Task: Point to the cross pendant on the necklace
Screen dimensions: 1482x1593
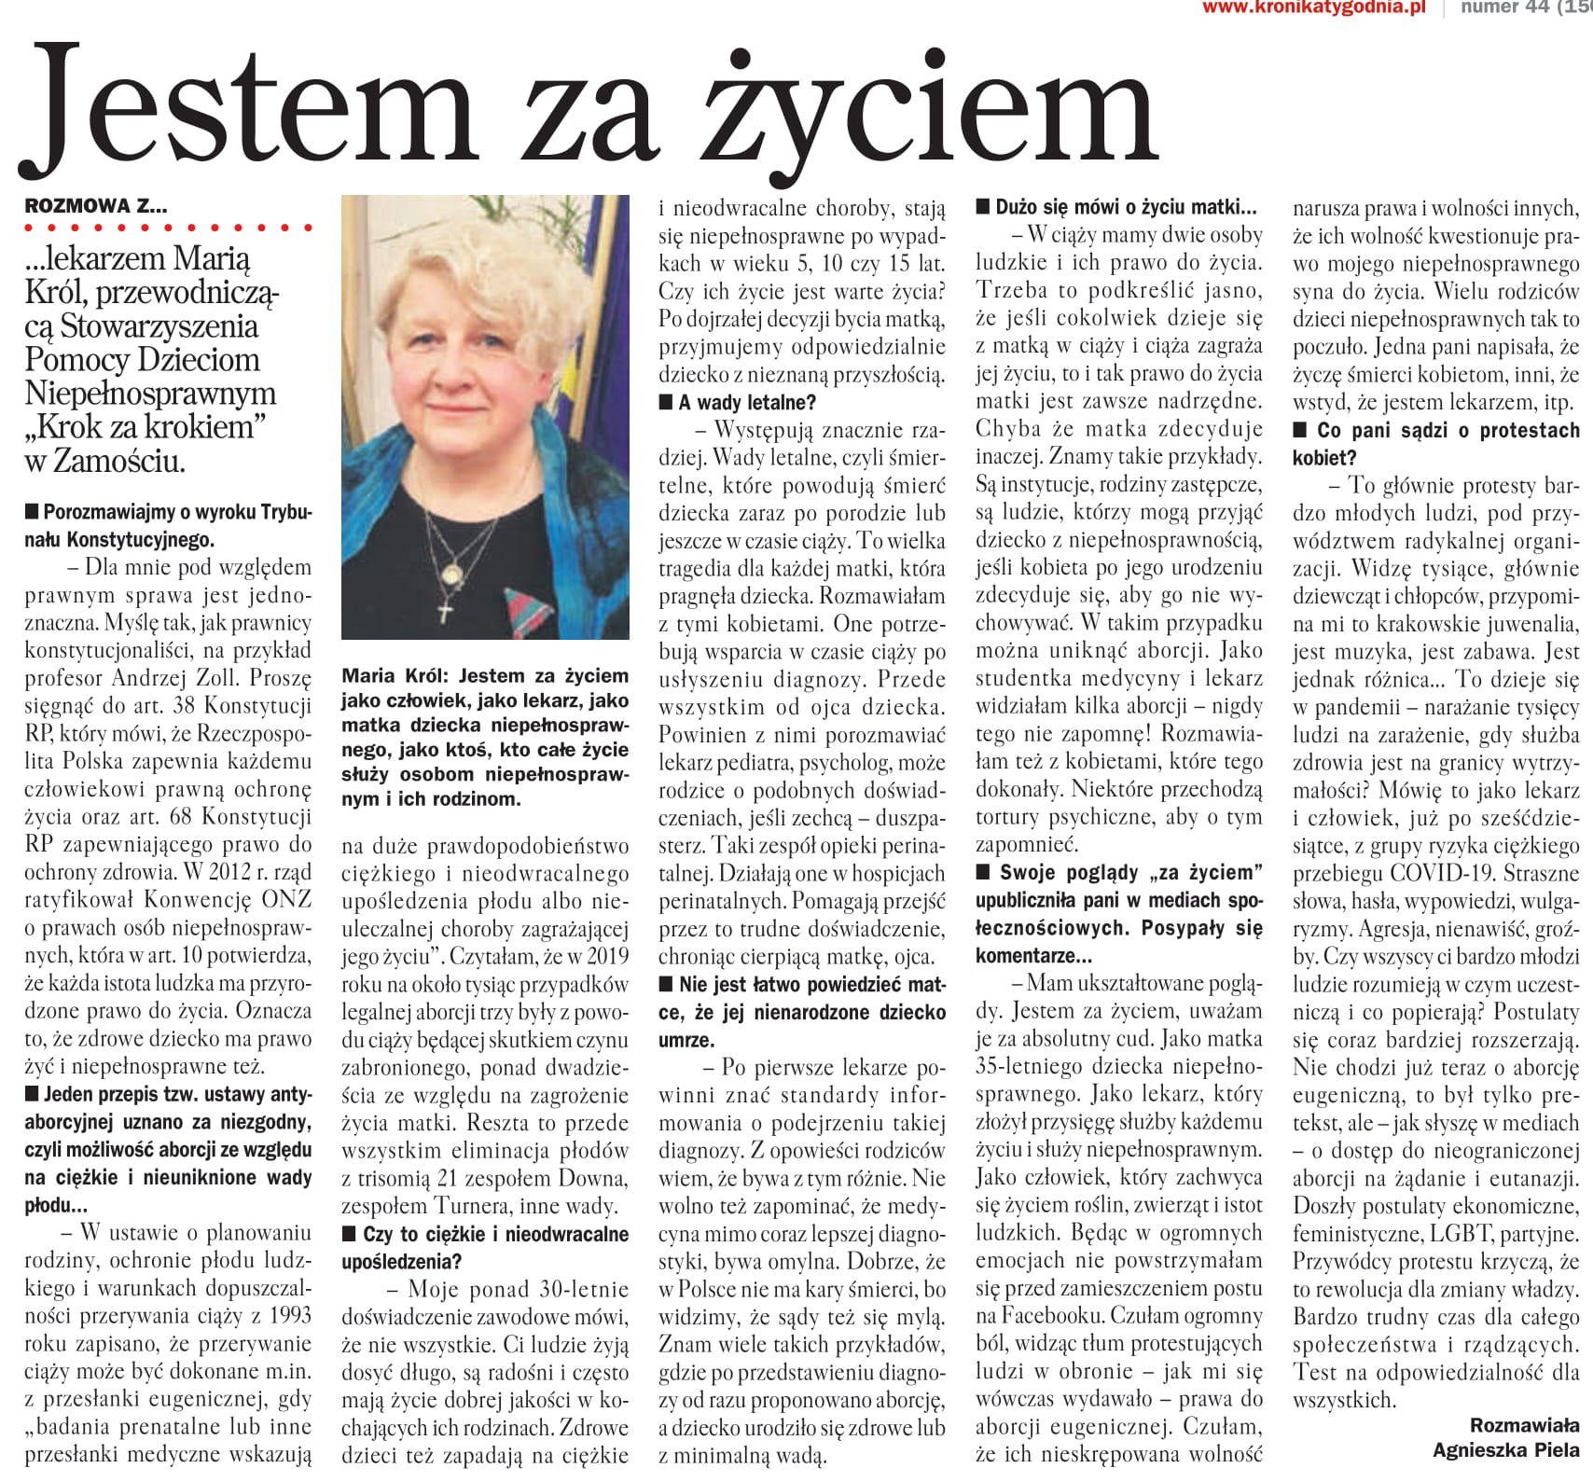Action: pyautogui.click(x=446, y=613)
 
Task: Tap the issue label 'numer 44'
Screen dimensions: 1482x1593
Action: pyautogui.click(x=1498, y=8)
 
